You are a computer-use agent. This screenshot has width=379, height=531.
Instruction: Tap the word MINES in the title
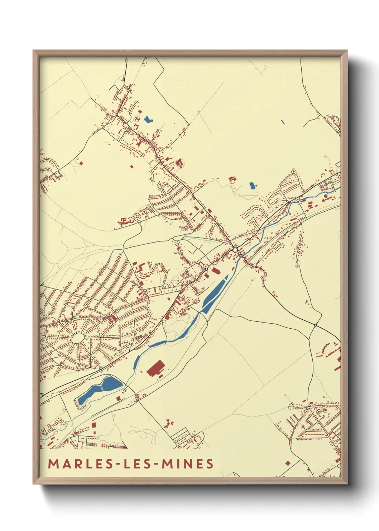187,464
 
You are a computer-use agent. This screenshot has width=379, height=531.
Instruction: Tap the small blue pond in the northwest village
148,119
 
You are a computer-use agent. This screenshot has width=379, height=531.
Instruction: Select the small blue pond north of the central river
252,185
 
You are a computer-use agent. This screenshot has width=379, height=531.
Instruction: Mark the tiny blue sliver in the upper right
283,122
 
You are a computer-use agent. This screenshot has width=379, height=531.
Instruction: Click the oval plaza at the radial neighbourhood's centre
78,338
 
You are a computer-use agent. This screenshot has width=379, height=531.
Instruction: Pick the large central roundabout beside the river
235,249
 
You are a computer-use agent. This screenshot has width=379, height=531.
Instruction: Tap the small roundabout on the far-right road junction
315,325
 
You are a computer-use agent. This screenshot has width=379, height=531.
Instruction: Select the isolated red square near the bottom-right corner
287,463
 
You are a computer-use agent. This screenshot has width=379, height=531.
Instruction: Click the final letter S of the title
210,464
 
